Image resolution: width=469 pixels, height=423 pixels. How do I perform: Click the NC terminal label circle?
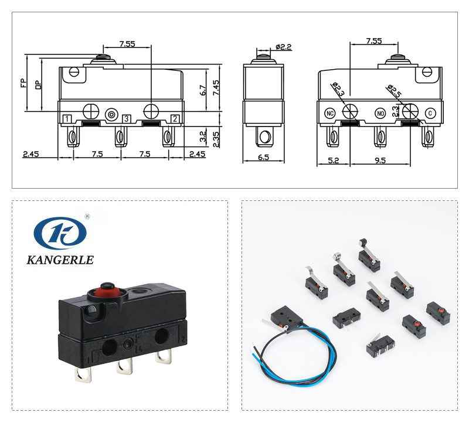(x=331, y=112)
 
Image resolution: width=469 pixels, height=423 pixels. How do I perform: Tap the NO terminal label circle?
(x=380, y=112)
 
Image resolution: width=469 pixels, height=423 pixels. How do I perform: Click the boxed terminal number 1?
(x=67, y=119)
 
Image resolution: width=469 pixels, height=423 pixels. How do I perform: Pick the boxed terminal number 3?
(x=126, y=119)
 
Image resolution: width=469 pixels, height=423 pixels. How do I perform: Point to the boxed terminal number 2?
(x=175, y=119)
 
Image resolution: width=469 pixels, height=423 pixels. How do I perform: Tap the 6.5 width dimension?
(x=264, y=157)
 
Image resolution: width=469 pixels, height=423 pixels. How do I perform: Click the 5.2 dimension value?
(x=332, y=159)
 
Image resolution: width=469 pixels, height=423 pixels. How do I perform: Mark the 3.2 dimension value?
(x=202, y=137)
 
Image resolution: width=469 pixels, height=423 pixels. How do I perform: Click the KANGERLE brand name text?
(x=60, y=260)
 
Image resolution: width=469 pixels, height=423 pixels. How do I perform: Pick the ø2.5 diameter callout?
(x=394, y=91)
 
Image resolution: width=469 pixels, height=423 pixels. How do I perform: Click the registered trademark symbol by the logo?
(x=87, y=216)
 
